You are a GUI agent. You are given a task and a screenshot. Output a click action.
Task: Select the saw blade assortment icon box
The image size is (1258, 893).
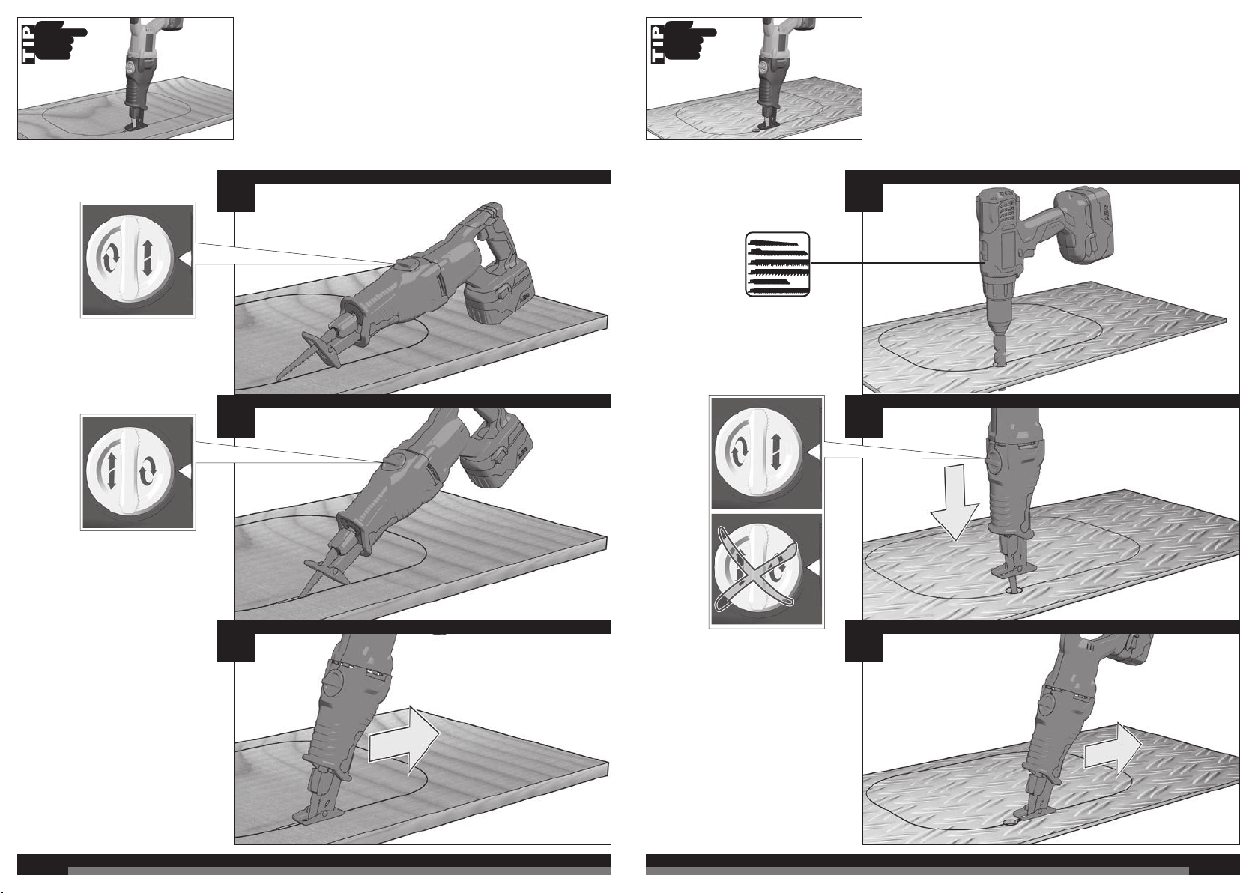(x=778, y=264)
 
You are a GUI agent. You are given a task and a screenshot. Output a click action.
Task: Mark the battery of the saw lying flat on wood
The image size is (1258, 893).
(x=499, y=292)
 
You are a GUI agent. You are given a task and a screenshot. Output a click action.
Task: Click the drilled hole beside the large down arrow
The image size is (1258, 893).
(x=1014, y=591)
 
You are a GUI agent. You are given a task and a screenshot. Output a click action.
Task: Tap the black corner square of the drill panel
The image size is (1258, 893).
(x=864, y=191)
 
